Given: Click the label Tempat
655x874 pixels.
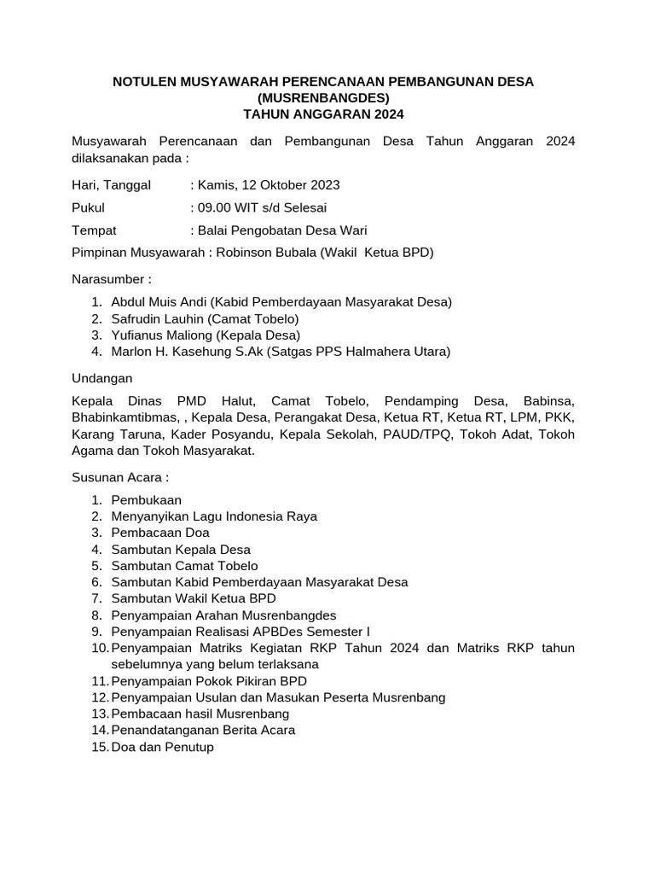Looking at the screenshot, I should pos(94,230).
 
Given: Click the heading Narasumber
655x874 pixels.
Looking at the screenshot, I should pos(111,279).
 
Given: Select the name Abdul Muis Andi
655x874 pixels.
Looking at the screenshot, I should pos(159,302).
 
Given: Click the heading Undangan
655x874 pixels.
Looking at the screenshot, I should pos(101,378).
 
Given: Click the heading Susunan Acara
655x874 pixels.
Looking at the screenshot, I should pos(120,477).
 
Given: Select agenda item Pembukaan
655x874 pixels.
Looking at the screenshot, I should pos(146,500).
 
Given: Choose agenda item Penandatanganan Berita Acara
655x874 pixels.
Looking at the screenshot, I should pos(203,730).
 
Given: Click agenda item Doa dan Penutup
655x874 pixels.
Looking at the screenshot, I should pos(162,747).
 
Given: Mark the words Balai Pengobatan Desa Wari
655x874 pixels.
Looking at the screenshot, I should pos(282,230).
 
